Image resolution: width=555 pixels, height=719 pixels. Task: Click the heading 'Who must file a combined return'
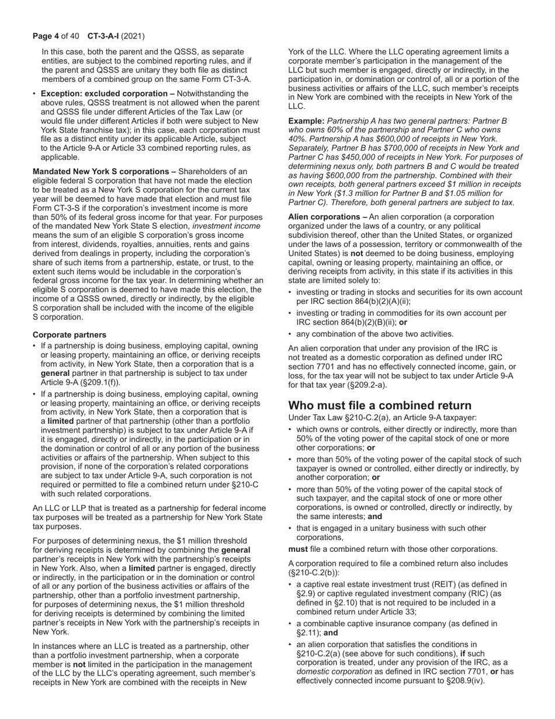click(x=380, y=406)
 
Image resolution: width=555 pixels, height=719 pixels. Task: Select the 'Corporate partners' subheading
click(x=70, y=335)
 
